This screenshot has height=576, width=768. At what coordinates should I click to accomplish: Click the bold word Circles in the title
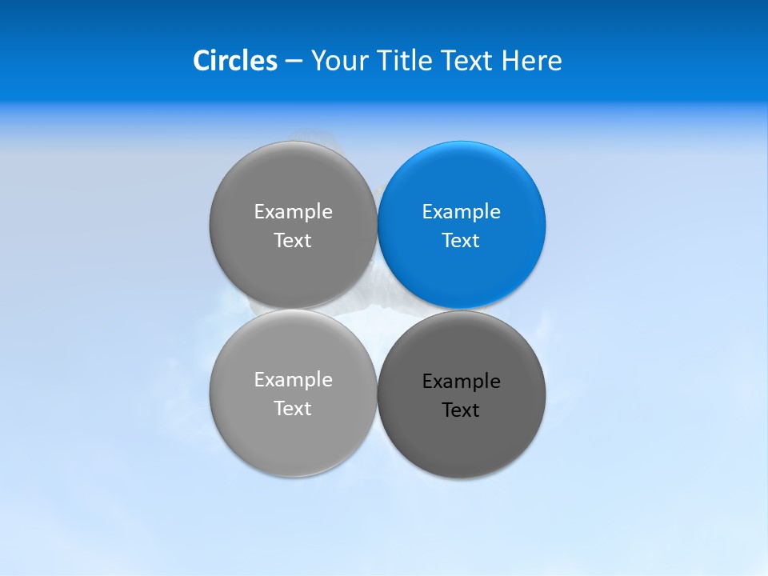(234, 61)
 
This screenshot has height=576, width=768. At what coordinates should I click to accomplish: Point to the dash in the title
(294, 62)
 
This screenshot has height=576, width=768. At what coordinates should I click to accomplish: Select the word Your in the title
(336, 61)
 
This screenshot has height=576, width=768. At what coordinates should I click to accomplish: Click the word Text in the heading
(467, 61)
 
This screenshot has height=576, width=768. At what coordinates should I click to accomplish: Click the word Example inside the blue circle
(461, 212)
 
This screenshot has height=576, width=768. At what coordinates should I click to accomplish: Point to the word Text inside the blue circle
(461, 241)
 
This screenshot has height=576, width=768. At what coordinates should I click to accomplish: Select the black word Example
(461, 382)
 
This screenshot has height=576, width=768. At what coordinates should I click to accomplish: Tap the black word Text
(461, 410)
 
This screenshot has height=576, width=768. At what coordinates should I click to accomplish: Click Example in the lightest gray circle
(293, 380)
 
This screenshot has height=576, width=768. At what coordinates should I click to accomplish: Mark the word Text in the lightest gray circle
(293, 409)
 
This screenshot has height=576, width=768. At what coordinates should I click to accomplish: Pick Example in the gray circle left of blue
(293, 212)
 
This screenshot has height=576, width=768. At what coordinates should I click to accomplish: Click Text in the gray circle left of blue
(293, 241)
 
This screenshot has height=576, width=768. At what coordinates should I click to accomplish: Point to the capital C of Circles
(202, 61)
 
